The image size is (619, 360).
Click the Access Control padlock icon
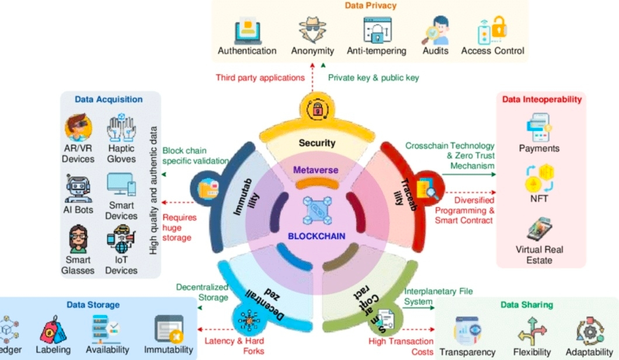(x=492, y=29)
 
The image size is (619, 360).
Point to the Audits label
(x=436, y=51)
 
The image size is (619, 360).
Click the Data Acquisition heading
(x=109, y=99)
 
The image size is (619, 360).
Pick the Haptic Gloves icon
(x=121, y=128)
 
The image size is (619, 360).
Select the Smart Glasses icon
(x=78, y=240)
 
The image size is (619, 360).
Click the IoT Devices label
(x=121, y=265)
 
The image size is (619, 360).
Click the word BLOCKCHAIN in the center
(x=317, y=237)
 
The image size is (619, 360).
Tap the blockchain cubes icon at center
(x=317, y=209)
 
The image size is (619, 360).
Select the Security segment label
(x=317, y=143)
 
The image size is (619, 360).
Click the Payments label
(x=539, y=148)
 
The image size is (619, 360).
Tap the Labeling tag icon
(x=53, y=329)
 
